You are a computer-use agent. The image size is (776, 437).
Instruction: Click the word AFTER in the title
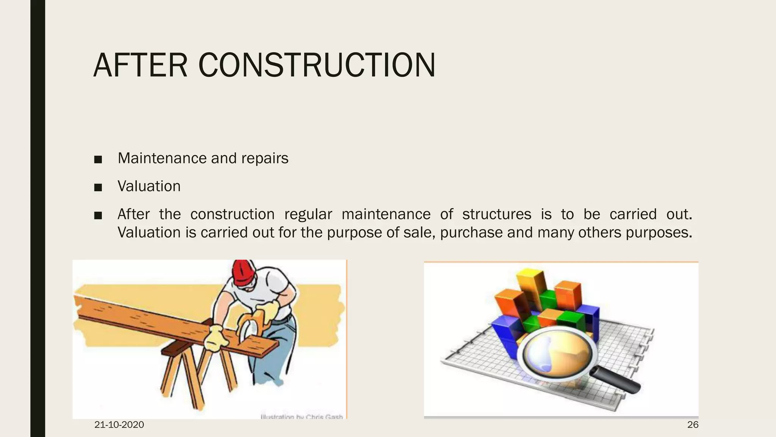coord(140,65)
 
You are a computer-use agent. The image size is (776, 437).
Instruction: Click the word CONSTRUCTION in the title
coord(317,65)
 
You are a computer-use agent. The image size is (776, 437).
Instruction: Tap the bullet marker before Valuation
coord(98,187)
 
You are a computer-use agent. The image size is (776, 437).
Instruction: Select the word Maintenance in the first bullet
coord(162,158)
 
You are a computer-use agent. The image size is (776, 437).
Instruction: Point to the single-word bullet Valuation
coord(149,186)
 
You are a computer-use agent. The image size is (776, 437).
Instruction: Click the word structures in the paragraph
coord(497,214)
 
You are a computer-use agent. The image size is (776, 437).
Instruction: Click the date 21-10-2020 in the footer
coord(119,425)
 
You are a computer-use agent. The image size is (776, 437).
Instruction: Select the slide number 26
coord(693,425)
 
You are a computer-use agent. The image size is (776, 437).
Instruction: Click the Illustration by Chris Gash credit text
coord(302,417)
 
